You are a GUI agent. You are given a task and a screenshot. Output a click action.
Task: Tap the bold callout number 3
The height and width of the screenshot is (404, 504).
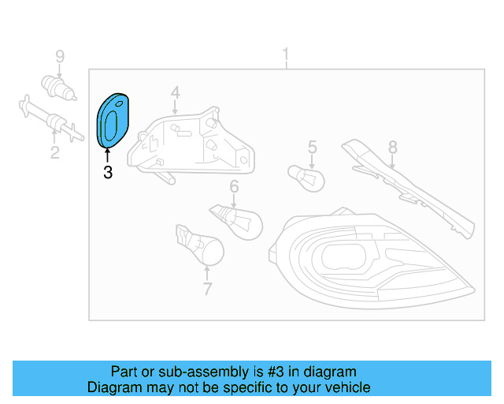(108, 171)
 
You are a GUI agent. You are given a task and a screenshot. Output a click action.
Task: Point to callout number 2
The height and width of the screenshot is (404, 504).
(54, 151)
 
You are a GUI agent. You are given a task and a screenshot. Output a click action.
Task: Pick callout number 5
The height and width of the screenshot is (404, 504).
(312, 146)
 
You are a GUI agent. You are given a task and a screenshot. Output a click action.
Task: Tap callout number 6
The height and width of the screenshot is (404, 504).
(234, 186)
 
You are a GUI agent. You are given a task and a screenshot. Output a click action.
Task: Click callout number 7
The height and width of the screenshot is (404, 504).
(207, 289)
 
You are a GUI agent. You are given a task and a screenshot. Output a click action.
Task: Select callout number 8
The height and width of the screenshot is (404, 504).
(392, 147)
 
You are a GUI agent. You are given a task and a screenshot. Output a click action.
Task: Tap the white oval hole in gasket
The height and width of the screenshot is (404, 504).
(112, 121)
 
